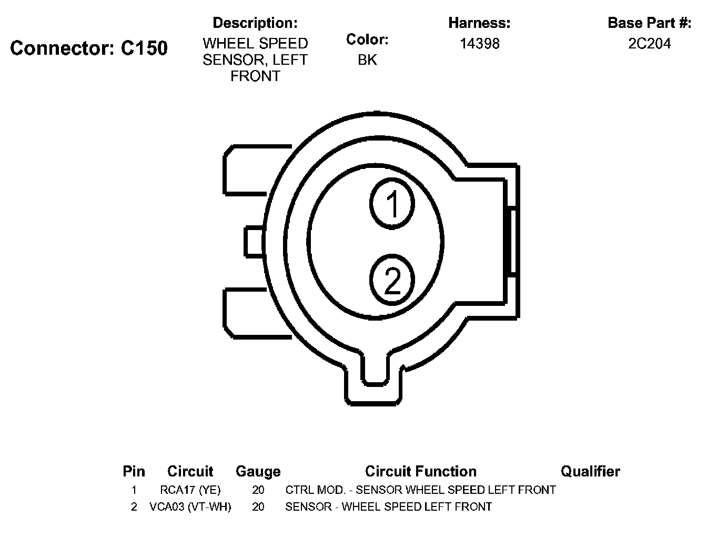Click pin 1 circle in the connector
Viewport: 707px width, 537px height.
(392, 203)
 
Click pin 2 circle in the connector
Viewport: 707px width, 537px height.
(392, 280)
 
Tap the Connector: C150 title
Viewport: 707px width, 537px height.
(89, 48)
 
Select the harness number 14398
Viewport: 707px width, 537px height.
(480, 44)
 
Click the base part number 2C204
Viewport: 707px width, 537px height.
(649, 44)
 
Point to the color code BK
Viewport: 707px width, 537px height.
(367, 59)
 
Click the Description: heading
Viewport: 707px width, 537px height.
(255, 23)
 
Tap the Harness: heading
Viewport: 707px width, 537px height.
(479, 23)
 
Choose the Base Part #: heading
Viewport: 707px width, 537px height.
(649, 23)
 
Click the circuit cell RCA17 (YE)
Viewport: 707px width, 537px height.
(190, 490)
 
